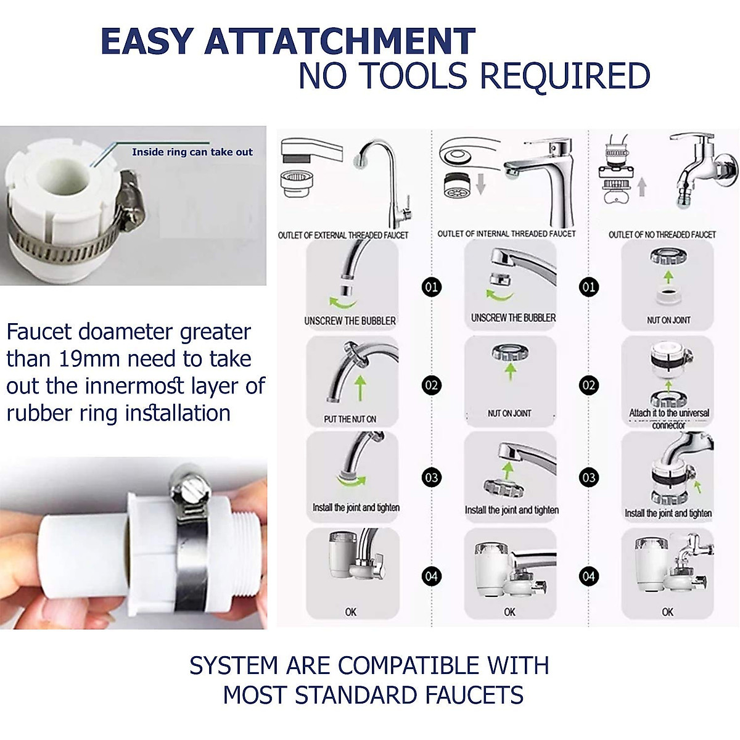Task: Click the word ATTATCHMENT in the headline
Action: tap(340, 42)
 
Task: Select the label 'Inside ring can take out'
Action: tap(192, 152)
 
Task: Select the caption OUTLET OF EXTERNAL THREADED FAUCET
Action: tap(343, 235)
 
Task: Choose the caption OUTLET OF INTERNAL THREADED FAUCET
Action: tap(506, 234)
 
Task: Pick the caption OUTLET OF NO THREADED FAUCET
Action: tap(662, 234)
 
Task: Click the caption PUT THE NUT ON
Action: tap(350, 419)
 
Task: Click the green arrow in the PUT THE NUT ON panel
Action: tap(361, 388)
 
